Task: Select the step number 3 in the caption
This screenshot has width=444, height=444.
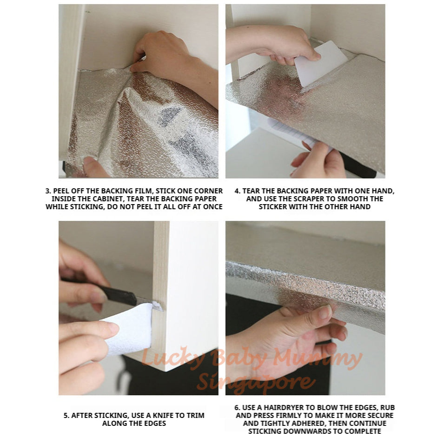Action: click(47, 191)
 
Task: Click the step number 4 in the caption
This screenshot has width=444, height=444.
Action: click(237, 191)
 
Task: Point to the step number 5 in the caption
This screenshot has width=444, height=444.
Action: click(66, 415)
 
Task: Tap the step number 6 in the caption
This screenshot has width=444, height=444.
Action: click(237, 407)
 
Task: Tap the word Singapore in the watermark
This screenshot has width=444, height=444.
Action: click(256, 382)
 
